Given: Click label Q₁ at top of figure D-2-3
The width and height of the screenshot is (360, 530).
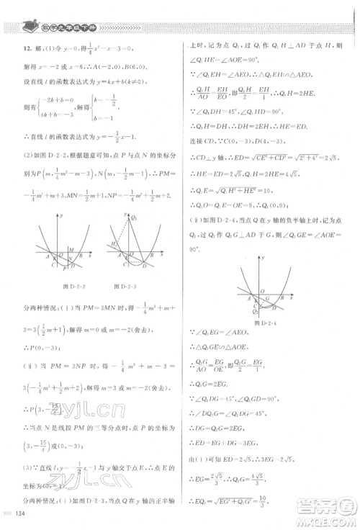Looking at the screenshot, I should click(x=135, y=217).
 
